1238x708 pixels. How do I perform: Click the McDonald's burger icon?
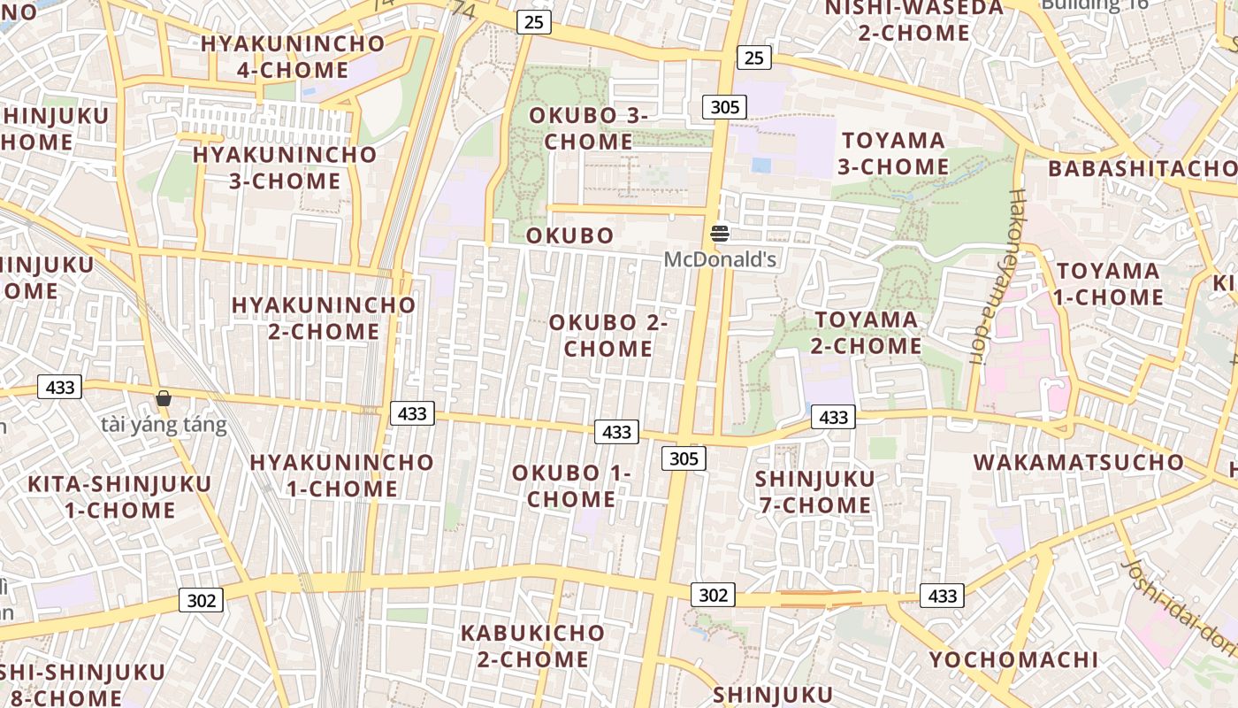coord(720,234)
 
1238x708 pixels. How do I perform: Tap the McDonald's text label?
coord(720,259)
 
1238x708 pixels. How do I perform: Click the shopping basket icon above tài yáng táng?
coord(164,399)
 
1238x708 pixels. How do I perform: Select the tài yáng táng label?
coord(164,426)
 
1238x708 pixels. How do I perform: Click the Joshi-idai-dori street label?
coord(1180,610)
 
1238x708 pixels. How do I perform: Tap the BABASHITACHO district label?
coord(1142,168)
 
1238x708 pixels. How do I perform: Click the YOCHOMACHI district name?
coord(1013,659)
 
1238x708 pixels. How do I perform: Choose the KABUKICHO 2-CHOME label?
coord(532,646)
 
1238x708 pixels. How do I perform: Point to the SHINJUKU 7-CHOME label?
coord(814,492)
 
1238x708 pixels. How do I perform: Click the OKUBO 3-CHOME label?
coord(588,128)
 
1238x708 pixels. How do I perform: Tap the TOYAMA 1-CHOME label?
coord(1108,283)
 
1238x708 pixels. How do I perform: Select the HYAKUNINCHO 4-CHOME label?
coord(293,57)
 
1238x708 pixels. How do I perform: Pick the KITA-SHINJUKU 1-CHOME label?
coord(119,496)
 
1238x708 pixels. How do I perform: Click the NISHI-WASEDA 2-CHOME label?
coord(914,20)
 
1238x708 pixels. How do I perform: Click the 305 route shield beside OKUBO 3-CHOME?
coord(724,107)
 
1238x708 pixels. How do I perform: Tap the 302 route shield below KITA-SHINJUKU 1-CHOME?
coord(202,600)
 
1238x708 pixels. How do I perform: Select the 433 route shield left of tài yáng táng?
coord(60,387)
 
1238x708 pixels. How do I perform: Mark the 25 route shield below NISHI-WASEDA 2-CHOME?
coord(753,58)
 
